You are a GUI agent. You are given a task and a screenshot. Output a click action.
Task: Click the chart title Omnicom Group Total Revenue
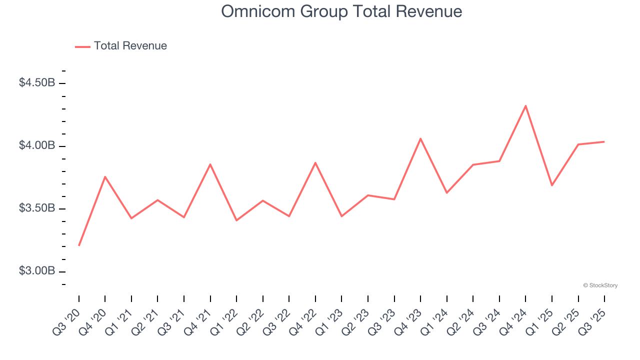tap(341, 11)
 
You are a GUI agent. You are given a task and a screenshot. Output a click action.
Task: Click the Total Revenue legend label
tap(130, 46)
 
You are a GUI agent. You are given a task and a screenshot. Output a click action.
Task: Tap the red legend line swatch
tap(82, 46)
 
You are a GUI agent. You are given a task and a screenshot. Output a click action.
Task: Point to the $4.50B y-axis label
tap(37, 83)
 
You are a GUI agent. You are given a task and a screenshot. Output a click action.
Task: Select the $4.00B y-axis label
tap(37, 145)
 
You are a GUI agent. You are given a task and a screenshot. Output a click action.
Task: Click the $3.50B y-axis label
tap(37, 208)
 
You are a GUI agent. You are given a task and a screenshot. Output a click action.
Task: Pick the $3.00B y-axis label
tap(37, 271)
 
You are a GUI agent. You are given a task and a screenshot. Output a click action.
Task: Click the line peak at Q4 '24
tap(525, 105)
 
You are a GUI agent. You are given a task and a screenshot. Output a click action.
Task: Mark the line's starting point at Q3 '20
tap(79, 245)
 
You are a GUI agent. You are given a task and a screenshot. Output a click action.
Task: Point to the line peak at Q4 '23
tap(420, 138)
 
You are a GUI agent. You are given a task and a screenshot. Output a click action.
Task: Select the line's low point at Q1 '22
tap(236, 220)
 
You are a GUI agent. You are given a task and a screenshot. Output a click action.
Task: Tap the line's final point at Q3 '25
tap(604, 141)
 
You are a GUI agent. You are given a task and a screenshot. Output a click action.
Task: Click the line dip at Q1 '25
tap(551, 185)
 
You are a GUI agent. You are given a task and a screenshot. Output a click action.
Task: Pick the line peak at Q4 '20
tap(105, 176)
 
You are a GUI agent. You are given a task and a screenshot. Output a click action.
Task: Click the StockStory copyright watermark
tap(600, 285)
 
